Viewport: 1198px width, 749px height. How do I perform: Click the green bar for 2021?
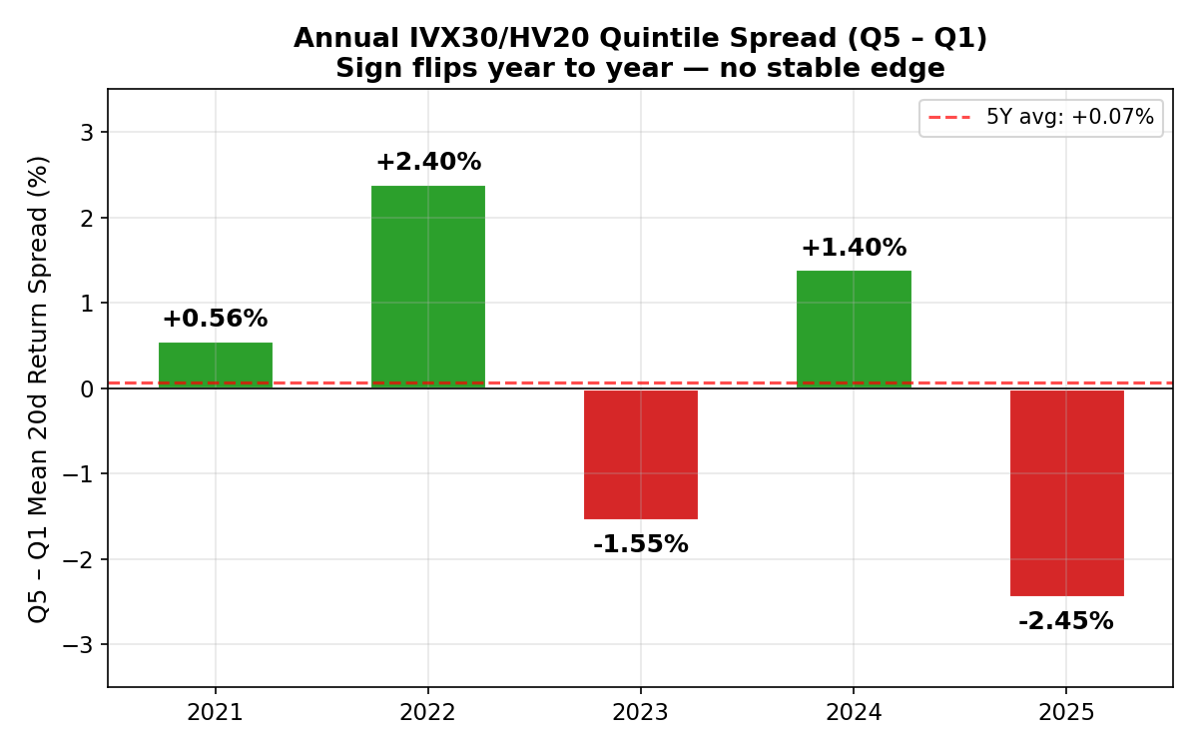coord(215,366)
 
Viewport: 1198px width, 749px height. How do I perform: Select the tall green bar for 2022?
coord(427,287)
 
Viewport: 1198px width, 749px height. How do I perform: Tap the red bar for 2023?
coord(640,454)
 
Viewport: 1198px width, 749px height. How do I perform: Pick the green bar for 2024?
coord(854,330)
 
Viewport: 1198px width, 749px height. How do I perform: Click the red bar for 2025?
coord(1066,492)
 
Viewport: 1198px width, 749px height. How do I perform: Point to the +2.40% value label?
coord(428,162)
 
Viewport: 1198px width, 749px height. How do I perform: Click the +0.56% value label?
coord(215,319)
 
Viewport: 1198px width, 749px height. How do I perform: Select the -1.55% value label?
coord(640,544)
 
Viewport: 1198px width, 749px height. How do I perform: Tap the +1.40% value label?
coord(854,248)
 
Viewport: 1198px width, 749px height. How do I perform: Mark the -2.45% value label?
coord(1065,621)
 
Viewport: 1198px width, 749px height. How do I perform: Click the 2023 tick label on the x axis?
coord(640,713)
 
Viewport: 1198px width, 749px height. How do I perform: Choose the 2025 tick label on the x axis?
coord(1065,713)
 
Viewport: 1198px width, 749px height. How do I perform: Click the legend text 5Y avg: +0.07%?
coord(1069,117)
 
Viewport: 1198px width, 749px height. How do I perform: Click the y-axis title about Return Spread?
coord(39,388)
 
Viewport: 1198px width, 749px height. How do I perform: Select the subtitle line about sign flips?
coord(640,69)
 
